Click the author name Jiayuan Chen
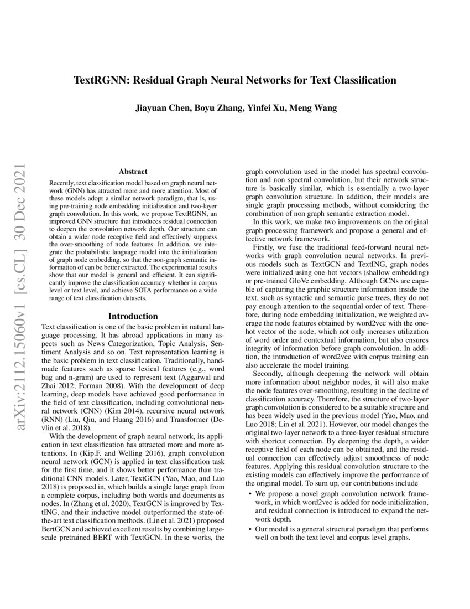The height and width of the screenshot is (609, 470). click(160, 108)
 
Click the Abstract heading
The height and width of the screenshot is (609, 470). click(133, 172)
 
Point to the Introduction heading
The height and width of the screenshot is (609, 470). click(133, 316)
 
